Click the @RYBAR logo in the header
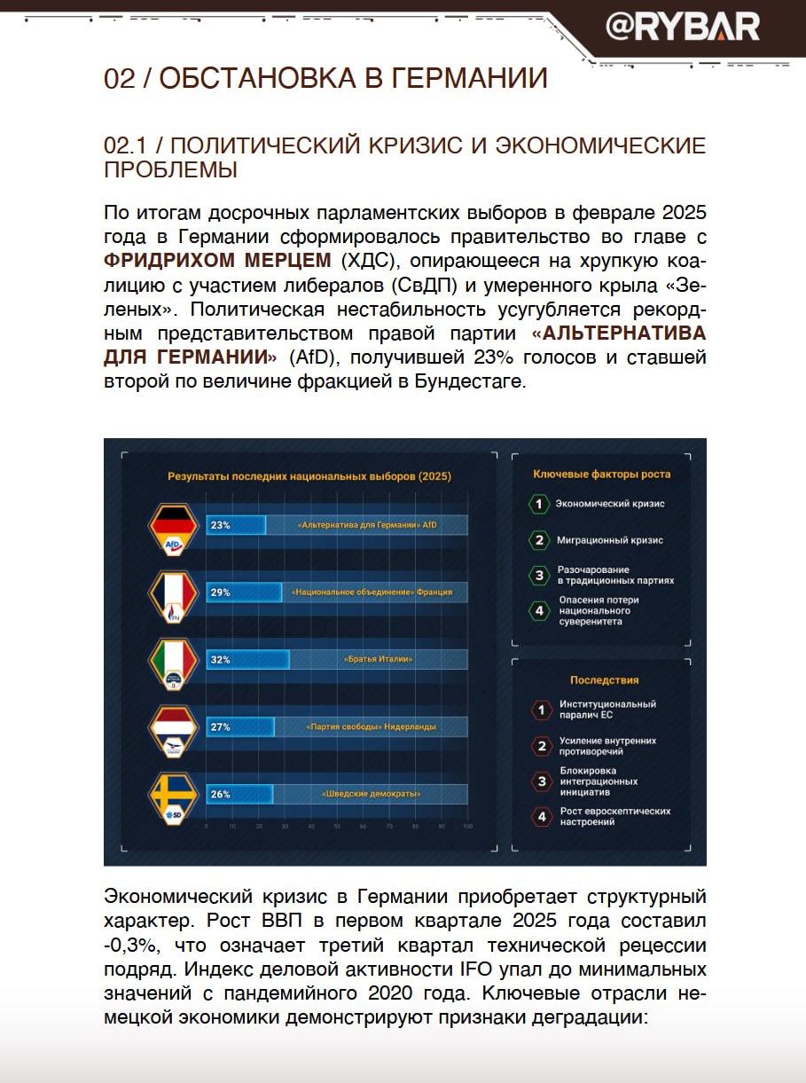(682, 27)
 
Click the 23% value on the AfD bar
(220, 525)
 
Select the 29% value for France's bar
(220, 593)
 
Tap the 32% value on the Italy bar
(220, 660)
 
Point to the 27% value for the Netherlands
(220, 727)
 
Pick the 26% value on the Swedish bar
(220, 795)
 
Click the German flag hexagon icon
(174, 530)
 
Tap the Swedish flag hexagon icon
(174, 798)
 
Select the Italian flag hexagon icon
(174, 664)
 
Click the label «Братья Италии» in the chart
(379, 660)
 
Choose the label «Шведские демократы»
(371, 795)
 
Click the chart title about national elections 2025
(309, 476)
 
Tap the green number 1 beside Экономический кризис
(538, 505)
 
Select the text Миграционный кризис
(609, 540)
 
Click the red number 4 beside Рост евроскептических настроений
(540, 817)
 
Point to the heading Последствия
(604, 680)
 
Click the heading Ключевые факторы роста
(601, 475)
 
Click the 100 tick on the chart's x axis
(467, 827)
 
